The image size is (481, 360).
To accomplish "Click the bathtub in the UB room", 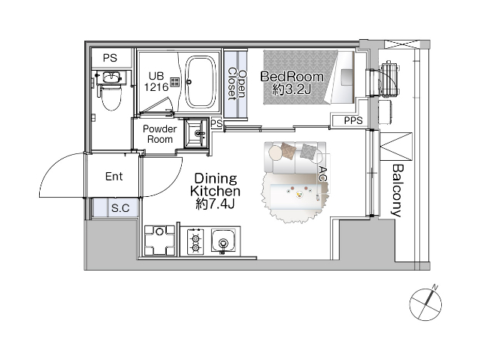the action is coord(200,82).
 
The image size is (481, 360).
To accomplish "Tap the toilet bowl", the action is coord(111,98).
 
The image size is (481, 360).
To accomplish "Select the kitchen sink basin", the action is coord(223,241).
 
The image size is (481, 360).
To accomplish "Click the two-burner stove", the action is coord(195,241).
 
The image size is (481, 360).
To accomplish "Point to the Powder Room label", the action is coord(160,134).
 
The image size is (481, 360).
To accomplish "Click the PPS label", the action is coord(353,120).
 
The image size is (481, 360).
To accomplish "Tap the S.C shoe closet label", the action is coord(120,208).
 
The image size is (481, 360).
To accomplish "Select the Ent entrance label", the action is coord(113,177).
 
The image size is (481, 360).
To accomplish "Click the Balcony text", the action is coord(397,191).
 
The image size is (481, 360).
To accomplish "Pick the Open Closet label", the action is coord(237,85).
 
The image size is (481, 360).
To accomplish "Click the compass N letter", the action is coord(435,287).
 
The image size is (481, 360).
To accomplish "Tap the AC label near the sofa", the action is coord(322,174).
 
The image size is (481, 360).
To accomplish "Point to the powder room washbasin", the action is coord(196,134).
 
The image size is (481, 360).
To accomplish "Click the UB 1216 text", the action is coord(156,82).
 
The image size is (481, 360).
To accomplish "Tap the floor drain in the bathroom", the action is coord(175,82).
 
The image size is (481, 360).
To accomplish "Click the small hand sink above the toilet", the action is coord(110,77).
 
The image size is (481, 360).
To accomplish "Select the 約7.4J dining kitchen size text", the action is coord(215,204).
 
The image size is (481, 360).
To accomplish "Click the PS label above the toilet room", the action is coord(110,58).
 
